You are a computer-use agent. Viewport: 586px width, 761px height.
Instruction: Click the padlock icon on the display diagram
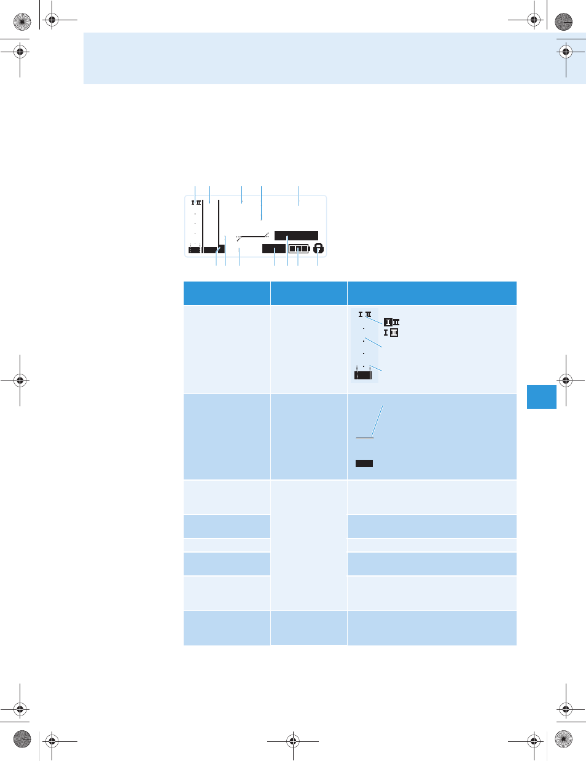point(318,248)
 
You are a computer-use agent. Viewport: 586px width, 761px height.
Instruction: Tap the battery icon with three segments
point(299,249)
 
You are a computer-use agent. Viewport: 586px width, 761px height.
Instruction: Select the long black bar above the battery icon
point(296,235)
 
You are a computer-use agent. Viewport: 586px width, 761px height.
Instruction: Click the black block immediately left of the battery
point(273,248)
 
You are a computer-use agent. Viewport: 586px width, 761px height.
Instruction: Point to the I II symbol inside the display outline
point(196,202)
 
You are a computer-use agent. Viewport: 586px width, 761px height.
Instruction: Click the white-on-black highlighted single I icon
point(388,322)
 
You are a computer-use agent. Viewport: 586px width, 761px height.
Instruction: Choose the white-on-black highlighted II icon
point(394,333)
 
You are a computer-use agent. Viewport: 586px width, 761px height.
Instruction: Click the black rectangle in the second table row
point(364,463)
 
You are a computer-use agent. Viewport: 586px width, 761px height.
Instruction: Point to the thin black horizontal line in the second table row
point(364,438)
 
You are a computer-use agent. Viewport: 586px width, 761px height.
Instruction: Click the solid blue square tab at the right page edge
point(542,396)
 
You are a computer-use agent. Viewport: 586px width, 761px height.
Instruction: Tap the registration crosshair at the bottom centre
point(293,741)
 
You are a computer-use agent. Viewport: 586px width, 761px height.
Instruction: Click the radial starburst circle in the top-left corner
point(22,22)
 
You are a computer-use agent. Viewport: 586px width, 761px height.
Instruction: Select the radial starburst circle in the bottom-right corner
point(564,739)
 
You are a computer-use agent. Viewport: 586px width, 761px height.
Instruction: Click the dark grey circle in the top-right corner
point(564,22)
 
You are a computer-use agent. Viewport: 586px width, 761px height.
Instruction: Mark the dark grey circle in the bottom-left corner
point(22,739)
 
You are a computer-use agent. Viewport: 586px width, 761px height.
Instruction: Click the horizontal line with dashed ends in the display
point(252,237)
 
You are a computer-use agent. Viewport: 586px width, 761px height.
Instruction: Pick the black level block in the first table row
point(363,375)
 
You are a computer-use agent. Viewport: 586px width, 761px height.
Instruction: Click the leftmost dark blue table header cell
point(227,293)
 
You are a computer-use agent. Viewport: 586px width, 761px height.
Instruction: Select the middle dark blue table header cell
point(309,293)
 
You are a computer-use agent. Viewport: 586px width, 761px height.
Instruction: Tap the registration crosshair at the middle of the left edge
point(20,380)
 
